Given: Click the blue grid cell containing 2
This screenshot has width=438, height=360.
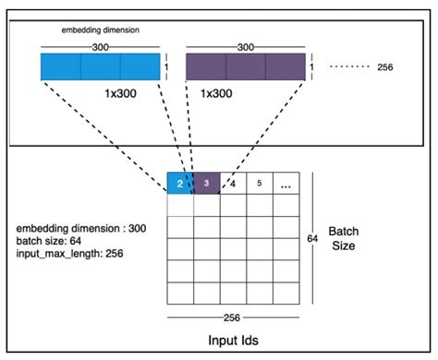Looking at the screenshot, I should (x=179, y=183).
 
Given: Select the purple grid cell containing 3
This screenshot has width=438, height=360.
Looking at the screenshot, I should (x=206, y=183).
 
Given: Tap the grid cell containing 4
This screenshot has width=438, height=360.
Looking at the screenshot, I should (x=233, y=183).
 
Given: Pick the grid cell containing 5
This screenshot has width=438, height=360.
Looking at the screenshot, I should (x=260, y=183).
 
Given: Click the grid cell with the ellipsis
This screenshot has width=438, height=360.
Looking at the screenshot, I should (x=286, y=183).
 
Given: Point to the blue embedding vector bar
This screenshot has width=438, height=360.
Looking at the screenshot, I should (x=100, y=68).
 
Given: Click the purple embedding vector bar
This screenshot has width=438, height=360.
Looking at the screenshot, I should (x=246, y=68).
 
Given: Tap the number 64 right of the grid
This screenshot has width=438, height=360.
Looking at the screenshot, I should (x=311, y=239).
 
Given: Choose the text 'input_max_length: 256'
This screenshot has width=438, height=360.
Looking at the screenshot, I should (x=69, y=252).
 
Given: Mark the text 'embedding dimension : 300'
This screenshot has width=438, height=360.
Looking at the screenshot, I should (x=78, y=226).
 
